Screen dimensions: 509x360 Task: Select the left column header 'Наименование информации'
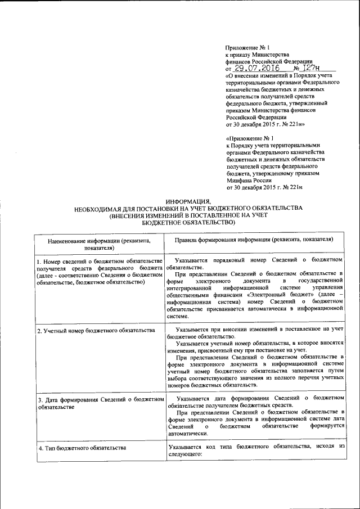[x=98, y=243]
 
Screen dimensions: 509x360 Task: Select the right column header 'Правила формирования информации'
[x=254, y=239]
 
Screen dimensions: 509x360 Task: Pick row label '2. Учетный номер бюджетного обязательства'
[x=96, y=330]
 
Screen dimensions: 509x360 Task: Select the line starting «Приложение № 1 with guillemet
[x=249, y=137]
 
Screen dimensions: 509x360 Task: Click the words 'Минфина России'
[x=246, y=180]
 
